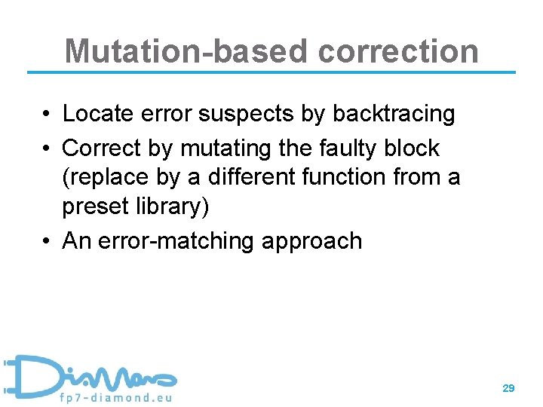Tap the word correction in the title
[398, 51]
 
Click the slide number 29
[508, 387]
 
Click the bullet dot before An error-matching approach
[47, 241]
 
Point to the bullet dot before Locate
[47, 115]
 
